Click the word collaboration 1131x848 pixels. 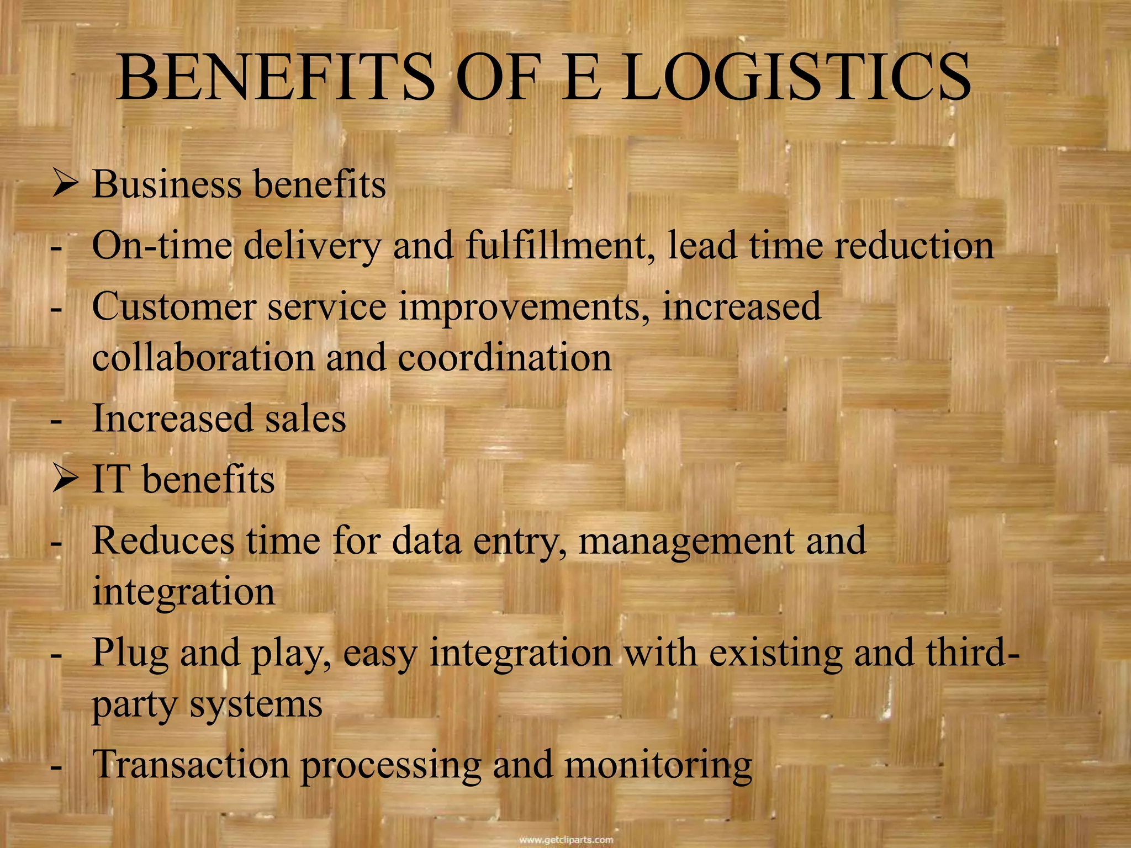pos(203,358)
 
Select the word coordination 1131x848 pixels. pos(504,358)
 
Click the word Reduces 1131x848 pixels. pos(163,541)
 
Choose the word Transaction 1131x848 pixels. pos(191,765)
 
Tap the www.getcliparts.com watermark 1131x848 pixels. pos(566,840)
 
